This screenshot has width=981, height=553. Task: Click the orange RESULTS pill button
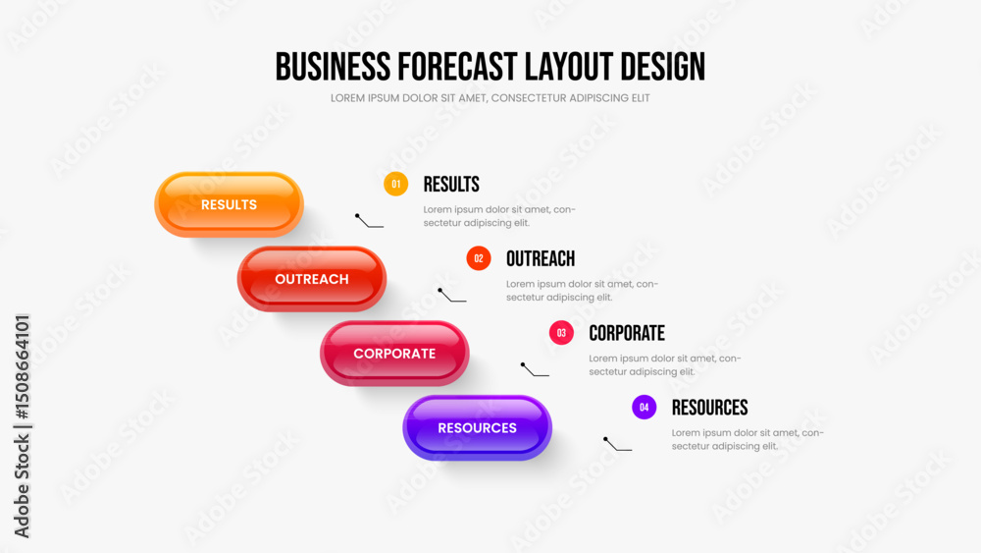[x=229, y=204]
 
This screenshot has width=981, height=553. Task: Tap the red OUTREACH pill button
[x=312, y=279]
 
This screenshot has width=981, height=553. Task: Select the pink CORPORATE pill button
[x=394, y=354]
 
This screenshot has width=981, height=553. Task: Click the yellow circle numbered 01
[x=395, y=184]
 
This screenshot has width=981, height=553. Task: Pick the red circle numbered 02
[x=479, y=258]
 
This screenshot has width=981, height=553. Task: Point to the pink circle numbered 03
[x=561, y=333]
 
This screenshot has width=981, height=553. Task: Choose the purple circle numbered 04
[x=644, y=407]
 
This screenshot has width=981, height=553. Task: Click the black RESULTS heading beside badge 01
[x=451, y=184]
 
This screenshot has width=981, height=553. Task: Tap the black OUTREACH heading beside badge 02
[x=541, y=258]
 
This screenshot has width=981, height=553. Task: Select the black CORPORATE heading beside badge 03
[x=627, y=333]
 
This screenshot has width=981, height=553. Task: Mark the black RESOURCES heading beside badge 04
[x=709, y=408]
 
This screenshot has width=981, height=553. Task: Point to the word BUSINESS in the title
[x=333, y=67]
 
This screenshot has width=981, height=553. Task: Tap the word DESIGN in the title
[x=662, y=67]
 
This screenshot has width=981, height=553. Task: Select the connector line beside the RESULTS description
[x=369, y=222]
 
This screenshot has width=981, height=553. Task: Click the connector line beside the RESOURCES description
[x=617, y=445]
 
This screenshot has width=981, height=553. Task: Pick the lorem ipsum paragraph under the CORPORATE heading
[x=664, y=365]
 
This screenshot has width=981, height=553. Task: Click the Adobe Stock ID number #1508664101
[x=22, y=367]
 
